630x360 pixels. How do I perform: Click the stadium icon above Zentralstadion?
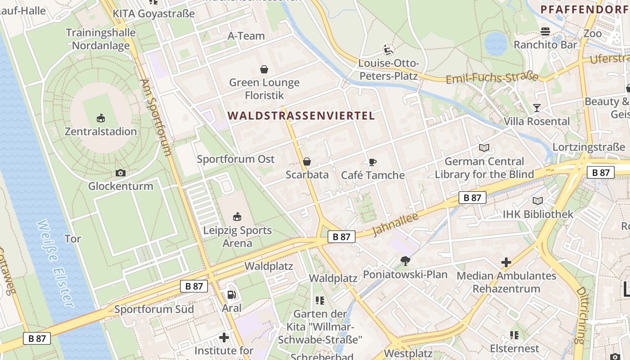[101, 118]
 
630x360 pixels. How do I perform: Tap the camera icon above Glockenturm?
[120, 173]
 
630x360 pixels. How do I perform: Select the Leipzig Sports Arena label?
[237, 237]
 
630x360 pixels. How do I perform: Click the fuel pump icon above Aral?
[231, 295]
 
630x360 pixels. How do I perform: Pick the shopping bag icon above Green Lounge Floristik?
[264, 69]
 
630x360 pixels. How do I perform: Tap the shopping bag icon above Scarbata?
[307, 162]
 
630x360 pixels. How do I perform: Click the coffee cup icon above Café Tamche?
[372, 162]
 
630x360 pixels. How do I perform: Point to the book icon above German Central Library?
[484, 148]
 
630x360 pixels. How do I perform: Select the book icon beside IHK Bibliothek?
[538, 201]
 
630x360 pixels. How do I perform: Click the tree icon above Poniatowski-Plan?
[405, 261]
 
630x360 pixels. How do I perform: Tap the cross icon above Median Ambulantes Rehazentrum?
[506, 262]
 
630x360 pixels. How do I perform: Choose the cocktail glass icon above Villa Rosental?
[536, 108]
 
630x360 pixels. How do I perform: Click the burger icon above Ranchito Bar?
[545, 31]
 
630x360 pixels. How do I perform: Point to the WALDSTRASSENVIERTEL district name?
[301, 116]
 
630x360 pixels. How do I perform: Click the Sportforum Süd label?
[154, 309]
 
